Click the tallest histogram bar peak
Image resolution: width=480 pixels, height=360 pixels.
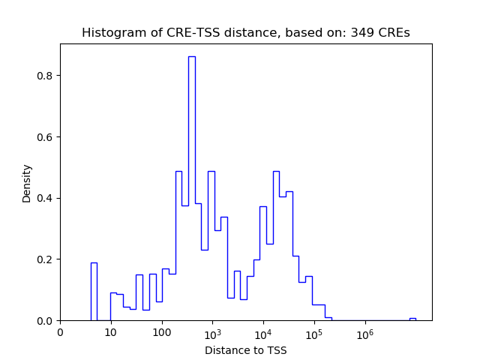[x=191, y=57]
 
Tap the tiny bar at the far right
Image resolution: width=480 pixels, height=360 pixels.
[x=412, y=319]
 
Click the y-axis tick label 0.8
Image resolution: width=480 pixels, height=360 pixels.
[x=46, y=76]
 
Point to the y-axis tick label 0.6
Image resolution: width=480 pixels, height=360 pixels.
[x=46, y=137]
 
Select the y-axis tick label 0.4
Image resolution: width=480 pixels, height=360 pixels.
[x=46, y=198]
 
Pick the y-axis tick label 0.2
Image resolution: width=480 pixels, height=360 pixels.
[x=46, y=259]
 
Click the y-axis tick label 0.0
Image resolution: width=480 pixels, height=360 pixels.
[x=46, y=321]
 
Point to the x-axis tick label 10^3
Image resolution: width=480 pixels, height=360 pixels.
[x=212, y=332]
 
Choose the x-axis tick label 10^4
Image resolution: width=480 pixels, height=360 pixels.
[x=263, y=332]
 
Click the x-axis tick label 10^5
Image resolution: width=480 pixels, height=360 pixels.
[x=314, y=332]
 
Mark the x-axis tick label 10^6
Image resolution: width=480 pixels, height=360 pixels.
[x=365, y=332]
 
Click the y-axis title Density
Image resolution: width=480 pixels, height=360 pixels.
[x=27, y=183]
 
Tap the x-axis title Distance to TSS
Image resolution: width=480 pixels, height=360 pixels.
[x=245, y=349]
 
